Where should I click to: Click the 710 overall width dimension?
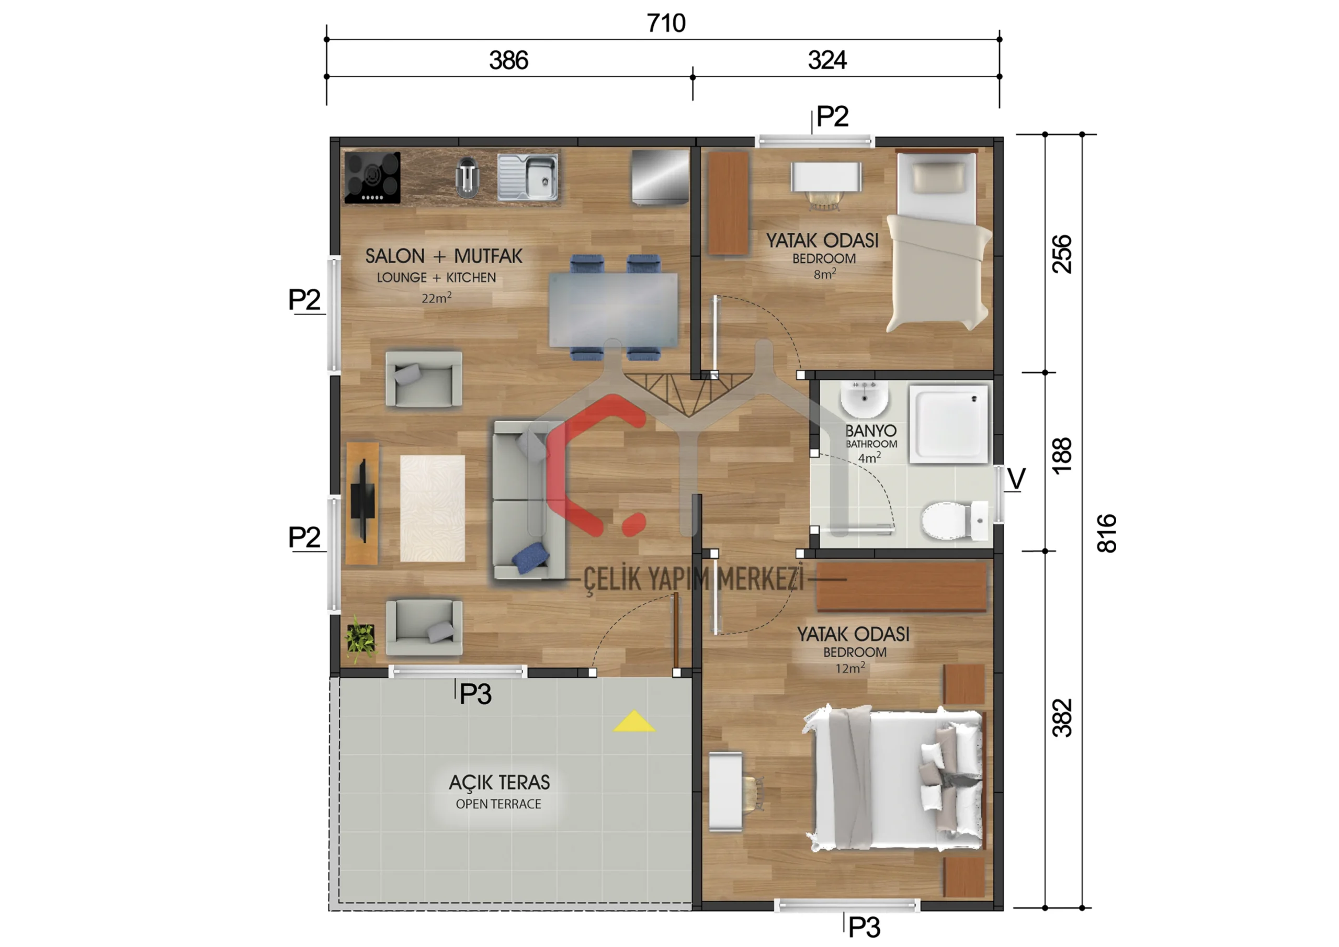pyautogui.click(x=666, y=24)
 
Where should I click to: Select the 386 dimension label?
pyautogui.click(x=508, y=61)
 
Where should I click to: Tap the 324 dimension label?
pyautogui.click(x=827, y=60)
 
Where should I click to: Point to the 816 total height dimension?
pyautogui.click(x=1106, y=533)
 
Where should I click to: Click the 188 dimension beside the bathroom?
pyautogui.click(x=1062, y=455)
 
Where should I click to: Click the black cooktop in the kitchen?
pyautogui.click(x=372, y=177)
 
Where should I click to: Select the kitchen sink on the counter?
pyautogui.click(x=528, y=177)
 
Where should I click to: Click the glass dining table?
pyautogui.click(x=613, y=310)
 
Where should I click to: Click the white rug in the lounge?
pyautogui.click(x=432, y=508)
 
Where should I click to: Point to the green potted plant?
pyautogui.click(x=360, y=639)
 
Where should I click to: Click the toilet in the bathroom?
pyautogui.click(x=954, y=520)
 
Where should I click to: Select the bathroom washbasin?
pyautogui.click(x=864, y=399)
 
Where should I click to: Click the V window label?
pyautogui.click(x=1016, y=480)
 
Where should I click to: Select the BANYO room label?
pyautogui.click(x=871, y=431)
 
